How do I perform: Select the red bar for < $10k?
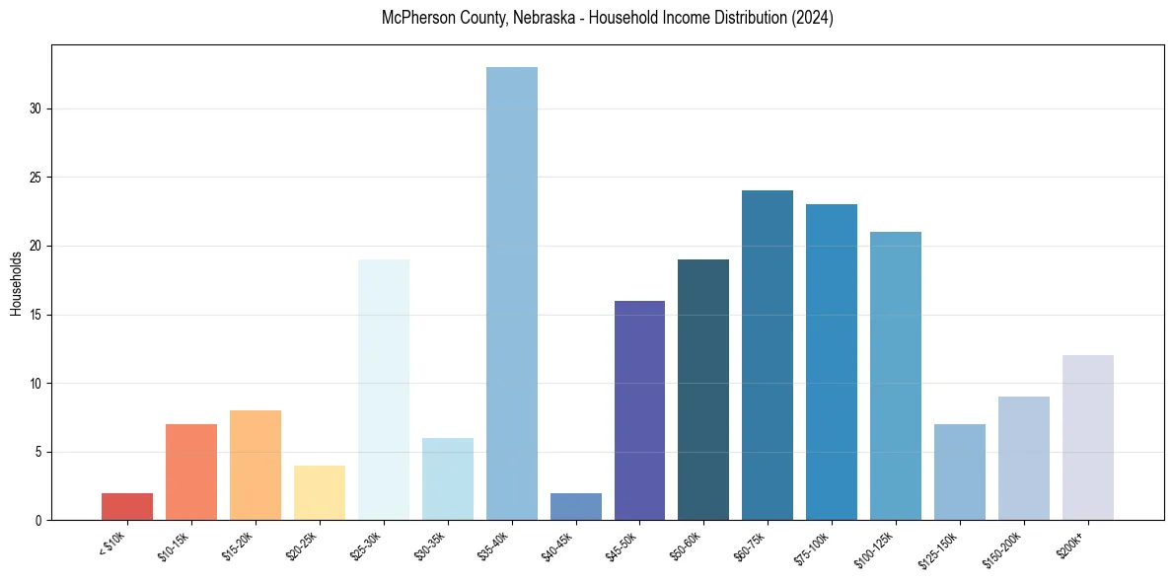127,506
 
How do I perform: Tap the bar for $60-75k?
768,355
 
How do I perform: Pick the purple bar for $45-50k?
639,410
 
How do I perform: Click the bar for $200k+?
1088,438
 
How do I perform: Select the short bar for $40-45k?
575,506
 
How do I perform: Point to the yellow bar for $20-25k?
320,492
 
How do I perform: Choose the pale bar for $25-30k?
384,390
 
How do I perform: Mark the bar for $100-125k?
896,376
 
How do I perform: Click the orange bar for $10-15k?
191,472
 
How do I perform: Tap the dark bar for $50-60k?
703,390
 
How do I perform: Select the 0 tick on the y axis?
39,520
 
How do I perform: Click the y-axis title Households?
16,283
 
